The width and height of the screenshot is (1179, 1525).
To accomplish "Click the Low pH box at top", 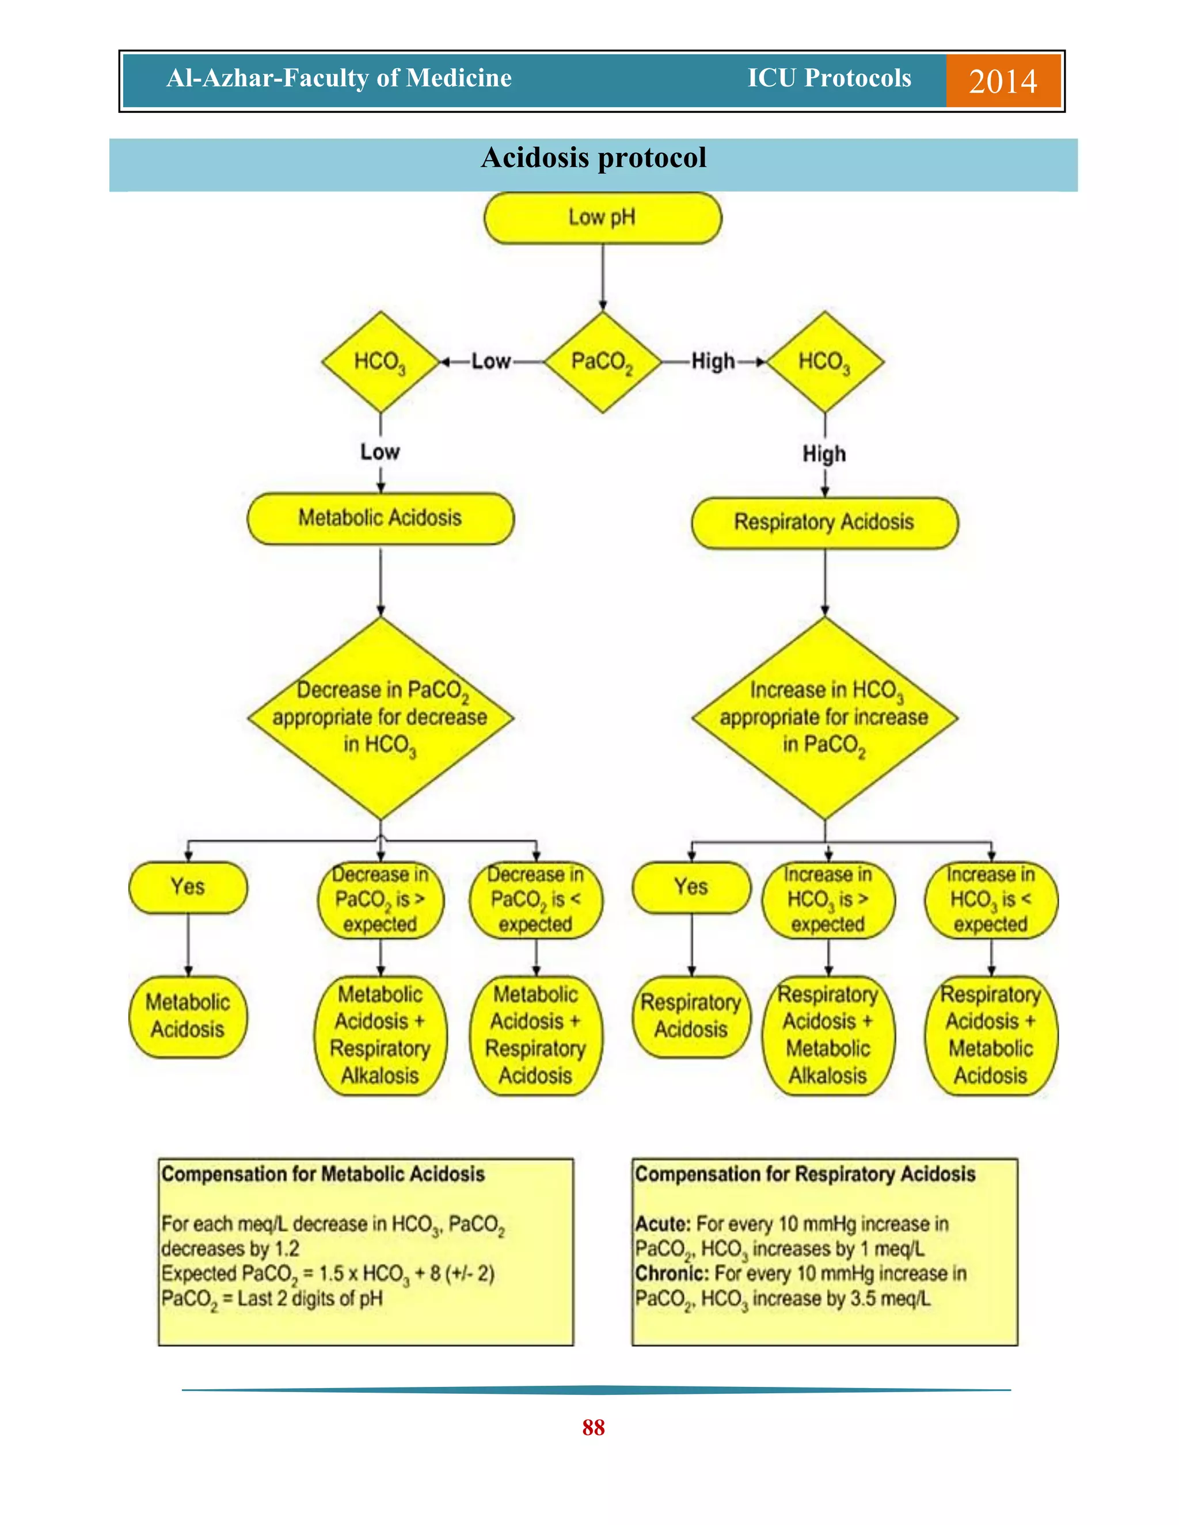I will pyautogui.click(x=602, y=218).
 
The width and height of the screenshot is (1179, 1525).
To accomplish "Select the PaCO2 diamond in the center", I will pyautogui.click(x=602, y=362).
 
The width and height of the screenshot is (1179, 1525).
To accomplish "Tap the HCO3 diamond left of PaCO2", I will pyautogui.click(x=380, y=362).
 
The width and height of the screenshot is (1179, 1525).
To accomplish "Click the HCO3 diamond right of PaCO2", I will pyautogui.click(x=825, y=362).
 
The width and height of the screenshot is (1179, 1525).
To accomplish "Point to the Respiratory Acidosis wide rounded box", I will pyautogui.click(x=824, y=523).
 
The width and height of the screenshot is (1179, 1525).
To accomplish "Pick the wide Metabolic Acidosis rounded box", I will pyautogui.click(x=380, y=518).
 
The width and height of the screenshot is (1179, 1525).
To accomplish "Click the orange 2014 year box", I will pyautogui.click(x=1002, y=81).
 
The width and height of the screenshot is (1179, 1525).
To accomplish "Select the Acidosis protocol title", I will pyautogui.click(x=593, y=158).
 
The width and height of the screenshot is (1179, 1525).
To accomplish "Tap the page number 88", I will pyautogui.click(x=593, y=1427).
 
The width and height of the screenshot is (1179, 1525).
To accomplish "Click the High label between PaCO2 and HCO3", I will pyautogui.click(x=713, y=362).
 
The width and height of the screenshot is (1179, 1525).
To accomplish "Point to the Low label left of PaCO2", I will pyautogui.click(x=490, y=362).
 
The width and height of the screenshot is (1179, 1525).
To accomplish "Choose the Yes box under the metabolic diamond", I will pyautogui.click(x=188, y=887).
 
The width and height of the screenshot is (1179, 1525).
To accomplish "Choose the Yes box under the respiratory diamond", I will pyautogui.click(x=691, y=887).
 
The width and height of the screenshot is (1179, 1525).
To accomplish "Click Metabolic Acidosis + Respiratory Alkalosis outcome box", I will pyautogui.click(x=380, y=1035).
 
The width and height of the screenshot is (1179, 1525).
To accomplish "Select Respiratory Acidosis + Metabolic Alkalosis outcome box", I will pyautogui.click(x=828, y=1035).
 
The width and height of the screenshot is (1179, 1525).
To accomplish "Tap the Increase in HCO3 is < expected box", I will pyautogui.click(x=990, y=899).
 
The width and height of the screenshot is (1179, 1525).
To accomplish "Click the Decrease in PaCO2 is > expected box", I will pyautogui.click(x=380, y=899).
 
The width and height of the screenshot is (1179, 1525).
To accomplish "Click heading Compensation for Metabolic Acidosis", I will pyautogui.click(x=323, y=1175).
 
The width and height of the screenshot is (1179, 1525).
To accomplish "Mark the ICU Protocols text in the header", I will pyautogui.click(x=829, y=78).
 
